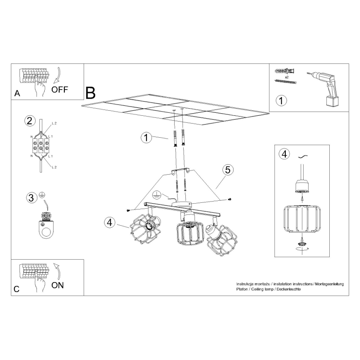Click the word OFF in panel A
point(60,89)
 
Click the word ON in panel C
point(57,285)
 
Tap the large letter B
point(90,93)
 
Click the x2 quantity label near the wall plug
point(287,77)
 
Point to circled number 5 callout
point(228,170)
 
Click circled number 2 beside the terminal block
point(30,121)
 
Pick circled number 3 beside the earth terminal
point(32,198)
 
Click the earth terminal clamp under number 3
point(46,226)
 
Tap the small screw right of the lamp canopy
point(230,199)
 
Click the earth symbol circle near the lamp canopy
point(157,195)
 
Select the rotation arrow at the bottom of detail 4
point(302,249)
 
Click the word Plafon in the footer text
point(242,289)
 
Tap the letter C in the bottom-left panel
point(17,289)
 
